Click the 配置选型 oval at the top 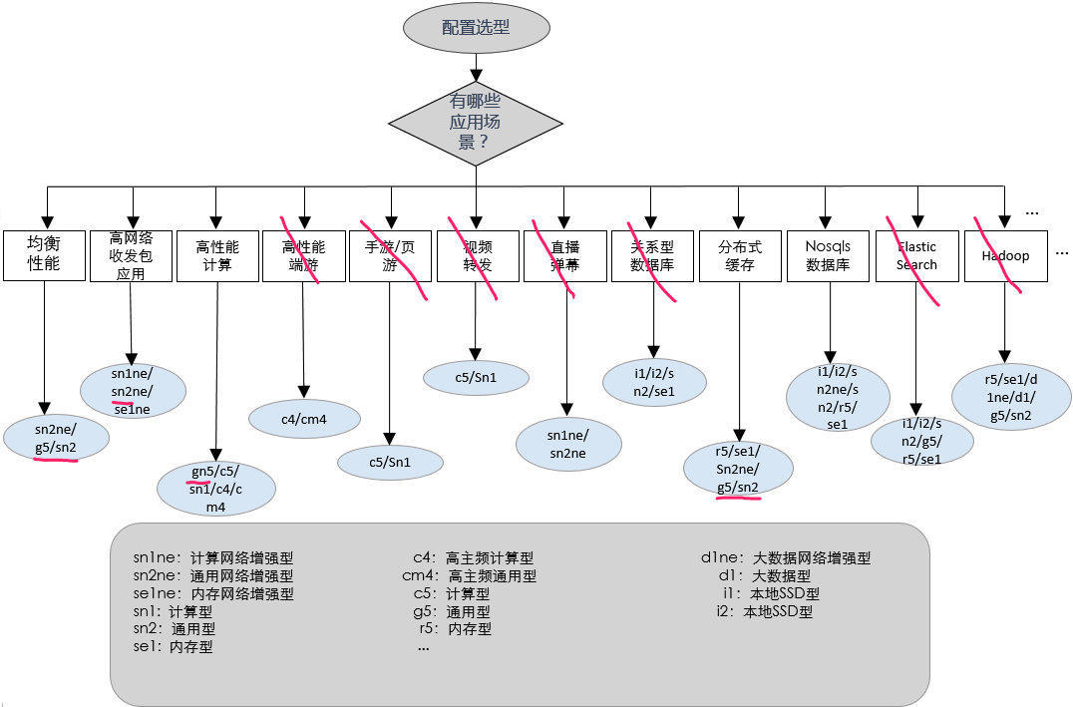point(476,28)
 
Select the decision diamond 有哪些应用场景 point(476,121)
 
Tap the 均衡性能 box point(44,256)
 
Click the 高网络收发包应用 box point(131,256)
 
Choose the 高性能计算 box point(217,256)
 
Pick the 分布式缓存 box point(739,256)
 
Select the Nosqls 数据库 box point(826,256)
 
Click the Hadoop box point(1004,256)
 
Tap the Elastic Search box point(916,256)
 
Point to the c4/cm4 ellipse point(304,420)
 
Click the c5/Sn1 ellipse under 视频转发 point(476,377)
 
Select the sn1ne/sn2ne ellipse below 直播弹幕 point(566,444)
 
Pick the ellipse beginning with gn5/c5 point(216,489)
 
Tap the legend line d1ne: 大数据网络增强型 point(786,558)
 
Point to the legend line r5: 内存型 point(455,629)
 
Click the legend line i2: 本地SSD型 point(765,611)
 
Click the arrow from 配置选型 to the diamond point(476,68)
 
